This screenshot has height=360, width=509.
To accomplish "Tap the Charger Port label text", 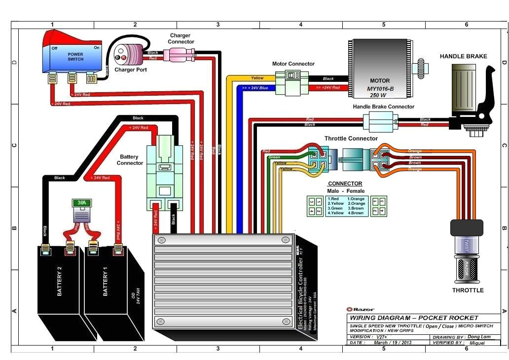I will [130, 70].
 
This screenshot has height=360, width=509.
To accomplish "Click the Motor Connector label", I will [293, 64].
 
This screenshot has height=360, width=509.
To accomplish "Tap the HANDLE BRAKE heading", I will [463, 56].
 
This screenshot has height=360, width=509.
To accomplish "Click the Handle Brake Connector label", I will [383, 107].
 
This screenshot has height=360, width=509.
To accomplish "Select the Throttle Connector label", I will [351, 139].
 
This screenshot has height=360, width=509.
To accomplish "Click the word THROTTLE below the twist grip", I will [468, 290].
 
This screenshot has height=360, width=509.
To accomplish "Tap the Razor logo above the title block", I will [364, 309].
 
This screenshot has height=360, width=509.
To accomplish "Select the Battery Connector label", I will [130, 160].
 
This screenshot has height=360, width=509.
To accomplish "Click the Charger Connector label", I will [181, 38].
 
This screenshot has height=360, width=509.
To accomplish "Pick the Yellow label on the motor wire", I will [257, 78].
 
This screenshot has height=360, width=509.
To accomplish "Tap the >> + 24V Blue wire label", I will [255, 87].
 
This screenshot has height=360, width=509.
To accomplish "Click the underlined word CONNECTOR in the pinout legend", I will [345, 183].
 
